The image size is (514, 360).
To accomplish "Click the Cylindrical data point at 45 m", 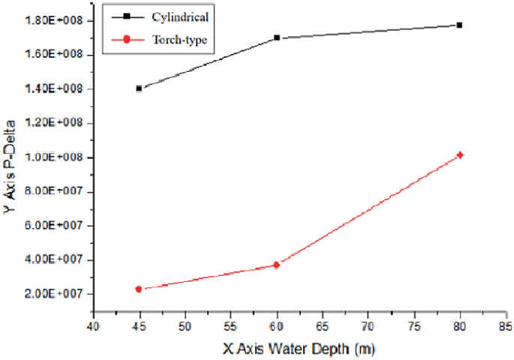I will point(139,88).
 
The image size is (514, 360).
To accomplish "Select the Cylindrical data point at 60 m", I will point(277,37).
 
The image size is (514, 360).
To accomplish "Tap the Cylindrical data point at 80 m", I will point(459,25).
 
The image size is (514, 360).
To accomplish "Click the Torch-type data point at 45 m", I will point(139,289).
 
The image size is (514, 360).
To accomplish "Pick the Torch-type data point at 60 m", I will point(277,265).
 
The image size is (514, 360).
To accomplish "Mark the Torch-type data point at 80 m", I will point(460,155).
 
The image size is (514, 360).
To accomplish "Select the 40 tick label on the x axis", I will point(93,327).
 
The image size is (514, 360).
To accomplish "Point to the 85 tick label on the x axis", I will point(505,327).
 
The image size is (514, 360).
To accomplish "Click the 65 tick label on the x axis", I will point(322,327).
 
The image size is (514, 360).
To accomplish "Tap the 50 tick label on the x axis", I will point(185,327).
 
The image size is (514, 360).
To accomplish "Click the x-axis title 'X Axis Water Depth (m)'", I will point(299,349).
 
